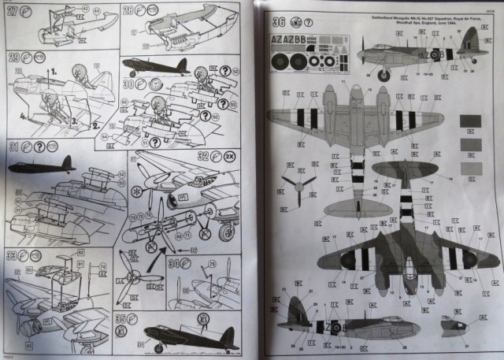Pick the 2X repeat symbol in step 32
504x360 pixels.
click(x=228, y=156)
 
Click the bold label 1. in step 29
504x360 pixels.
click(x=54, y=71)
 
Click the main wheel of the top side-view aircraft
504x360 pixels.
click(x=386, y=76)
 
